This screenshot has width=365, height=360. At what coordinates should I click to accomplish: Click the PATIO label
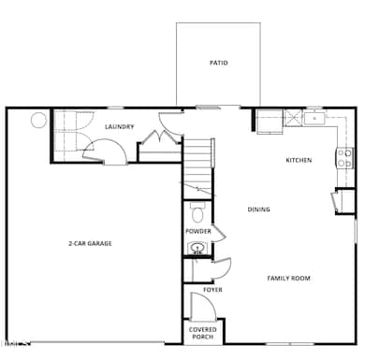pyautogui.click(x=218, y=64)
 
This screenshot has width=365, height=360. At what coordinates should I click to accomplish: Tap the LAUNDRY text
pyautogui.click(x=119, y=127)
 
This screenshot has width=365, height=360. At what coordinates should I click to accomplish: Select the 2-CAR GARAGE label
pyautogui.click(x=90, y=243)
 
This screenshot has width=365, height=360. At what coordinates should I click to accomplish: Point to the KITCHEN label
pyautogui.click(x=299, y=160)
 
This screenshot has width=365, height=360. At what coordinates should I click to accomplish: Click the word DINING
pyautogui.click(x=259, y=209)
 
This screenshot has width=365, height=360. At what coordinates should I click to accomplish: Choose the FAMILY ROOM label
pyautogui.click(x=288, y=278)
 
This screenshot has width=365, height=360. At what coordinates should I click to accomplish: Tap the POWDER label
pyautogui.click(x=197, y=231)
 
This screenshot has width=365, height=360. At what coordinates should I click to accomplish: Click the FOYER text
pyautogui.click(x=212, y=290)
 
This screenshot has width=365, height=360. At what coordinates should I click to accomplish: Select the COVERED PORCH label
pyautogui.click(x=203, y=333)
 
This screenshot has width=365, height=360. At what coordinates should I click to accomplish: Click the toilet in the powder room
pyautogui.click(x=197, y=210)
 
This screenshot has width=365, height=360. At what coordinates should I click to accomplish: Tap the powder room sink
pyautogui.click(x=197, y=248)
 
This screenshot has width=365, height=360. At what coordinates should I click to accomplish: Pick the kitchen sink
pyautogui.click(x=314, y=119)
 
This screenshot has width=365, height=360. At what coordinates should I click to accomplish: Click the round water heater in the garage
pyautogui.click(x=39, y=120)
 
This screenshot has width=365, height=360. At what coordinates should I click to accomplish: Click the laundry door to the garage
pyautogui.click(x=112, y=152)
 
